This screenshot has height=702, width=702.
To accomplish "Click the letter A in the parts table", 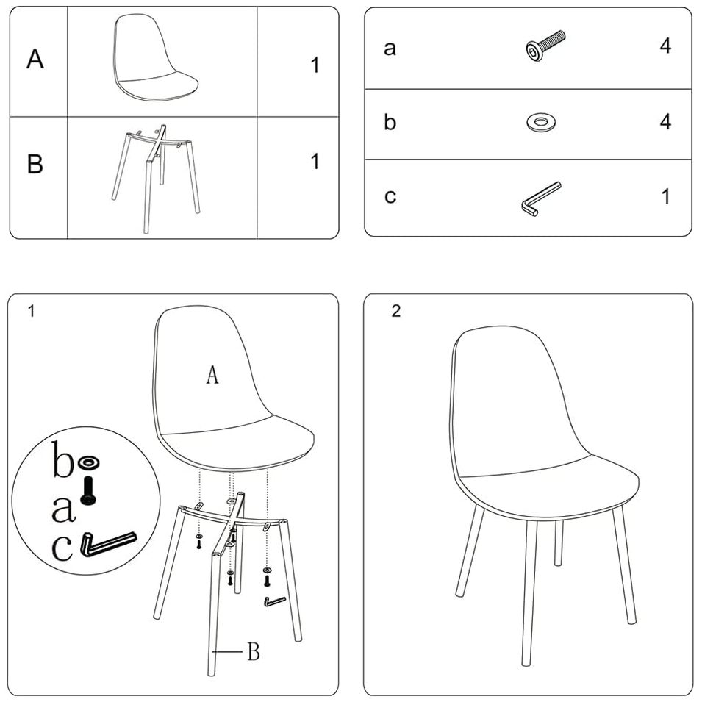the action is click(x=35, y=59).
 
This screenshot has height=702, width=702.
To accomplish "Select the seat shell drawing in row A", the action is click(x=154, y=57).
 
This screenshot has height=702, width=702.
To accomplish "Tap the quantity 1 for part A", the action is click(x=315, y=65).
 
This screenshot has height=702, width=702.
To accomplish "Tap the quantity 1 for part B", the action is click(x=315, y=161).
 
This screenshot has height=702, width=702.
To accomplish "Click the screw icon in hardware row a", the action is click(x=545, y=46).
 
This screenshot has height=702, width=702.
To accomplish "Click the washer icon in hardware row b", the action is click(x=541, y=122).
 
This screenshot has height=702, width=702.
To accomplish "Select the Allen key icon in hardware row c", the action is click(x=541, y=199).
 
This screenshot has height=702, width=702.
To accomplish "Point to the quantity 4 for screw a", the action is click(x=665, y=46).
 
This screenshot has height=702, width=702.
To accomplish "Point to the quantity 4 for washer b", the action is click(x=665, y=122).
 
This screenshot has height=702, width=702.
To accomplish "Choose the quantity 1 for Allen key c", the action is click(x=666, y=196).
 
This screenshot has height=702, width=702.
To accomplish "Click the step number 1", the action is click(x=31, y=311).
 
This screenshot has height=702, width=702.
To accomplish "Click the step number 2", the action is click(x=395, y=311).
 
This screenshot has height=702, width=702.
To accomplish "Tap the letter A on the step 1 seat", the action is click(x=212, y=375).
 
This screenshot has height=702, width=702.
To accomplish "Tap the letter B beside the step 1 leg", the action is click(x=254, y=651).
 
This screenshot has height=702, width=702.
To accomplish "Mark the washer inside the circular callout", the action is click(x=88, y=463).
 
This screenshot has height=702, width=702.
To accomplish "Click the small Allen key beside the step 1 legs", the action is click(x=274, y=601).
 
